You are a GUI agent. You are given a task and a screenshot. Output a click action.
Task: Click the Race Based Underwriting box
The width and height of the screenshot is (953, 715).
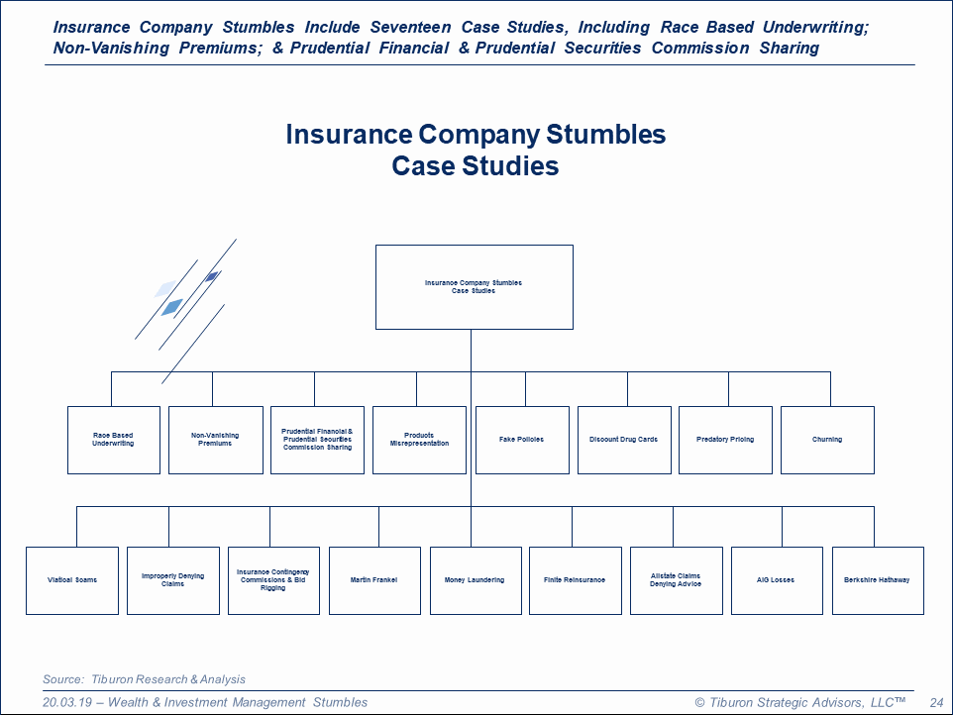(114, 440)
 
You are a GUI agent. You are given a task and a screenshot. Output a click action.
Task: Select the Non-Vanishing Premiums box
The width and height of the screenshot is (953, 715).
(215, 440)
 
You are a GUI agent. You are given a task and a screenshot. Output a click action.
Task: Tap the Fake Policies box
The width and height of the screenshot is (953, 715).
(522, 440)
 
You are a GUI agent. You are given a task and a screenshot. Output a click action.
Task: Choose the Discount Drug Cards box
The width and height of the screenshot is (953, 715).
(623, 440)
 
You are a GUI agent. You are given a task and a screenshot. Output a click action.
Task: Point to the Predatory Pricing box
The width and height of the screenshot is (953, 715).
(725, 440)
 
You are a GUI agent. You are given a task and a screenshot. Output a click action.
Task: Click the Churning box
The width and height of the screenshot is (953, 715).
(827, 440)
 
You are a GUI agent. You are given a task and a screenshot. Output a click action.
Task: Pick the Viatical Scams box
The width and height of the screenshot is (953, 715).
(72, 580)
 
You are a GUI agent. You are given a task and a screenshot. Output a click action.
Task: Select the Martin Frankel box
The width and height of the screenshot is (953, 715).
(374, 580)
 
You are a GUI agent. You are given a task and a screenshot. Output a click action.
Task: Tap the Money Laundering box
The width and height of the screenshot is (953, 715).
(475, 580)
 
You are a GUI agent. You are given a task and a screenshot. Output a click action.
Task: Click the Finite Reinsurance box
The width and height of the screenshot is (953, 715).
(575, 580)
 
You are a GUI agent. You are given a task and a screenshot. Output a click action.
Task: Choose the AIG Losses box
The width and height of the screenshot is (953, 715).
(776, 580)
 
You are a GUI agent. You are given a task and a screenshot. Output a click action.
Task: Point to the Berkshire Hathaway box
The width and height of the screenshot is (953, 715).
(877, 580)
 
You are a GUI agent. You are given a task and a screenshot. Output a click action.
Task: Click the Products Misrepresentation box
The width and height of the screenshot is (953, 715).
(419, 440)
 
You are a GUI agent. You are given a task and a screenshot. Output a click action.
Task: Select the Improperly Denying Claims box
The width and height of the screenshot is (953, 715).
(172, 580)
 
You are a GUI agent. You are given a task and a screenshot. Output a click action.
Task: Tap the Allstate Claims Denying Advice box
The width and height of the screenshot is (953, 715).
(676, 580)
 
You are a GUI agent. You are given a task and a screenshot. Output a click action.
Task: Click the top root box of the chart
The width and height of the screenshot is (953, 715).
(474, 287)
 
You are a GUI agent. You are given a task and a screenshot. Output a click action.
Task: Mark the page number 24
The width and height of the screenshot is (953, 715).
(936, 702)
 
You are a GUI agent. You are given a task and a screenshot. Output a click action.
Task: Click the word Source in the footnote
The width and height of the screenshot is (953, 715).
(61, 679)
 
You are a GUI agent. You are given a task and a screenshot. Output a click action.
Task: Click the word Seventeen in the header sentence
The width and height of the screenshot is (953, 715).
(409, 28)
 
